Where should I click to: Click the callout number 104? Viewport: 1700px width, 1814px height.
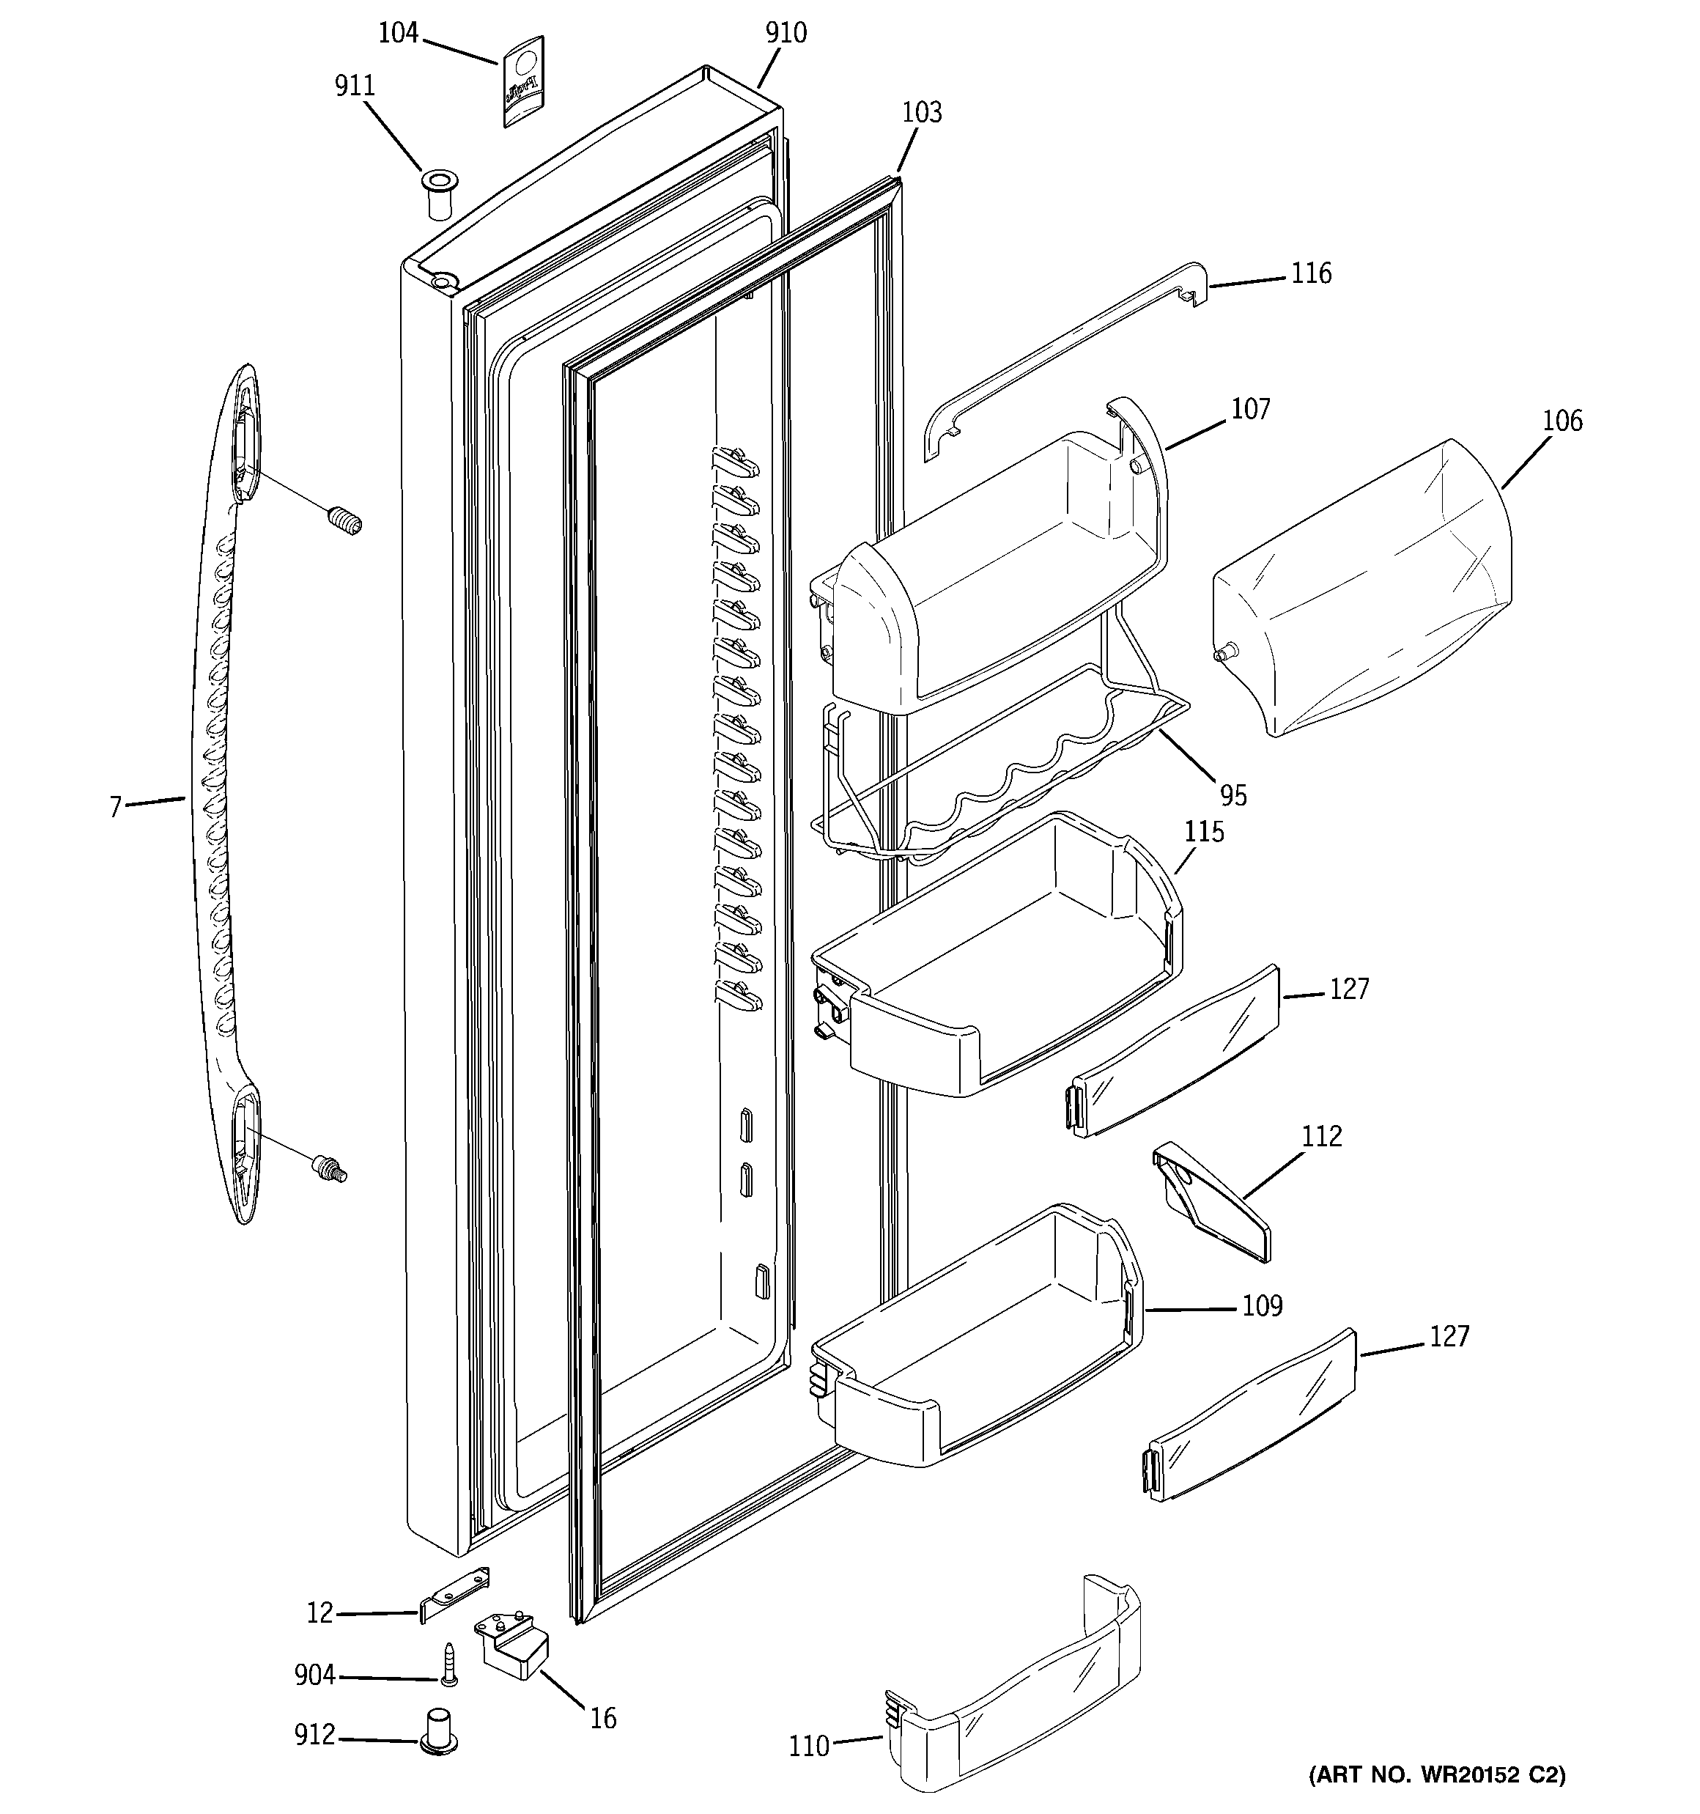pyautogui.click(x=398, y=34)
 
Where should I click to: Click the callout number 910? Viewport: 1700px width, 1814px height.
pyautogui.click(x=786, y=34)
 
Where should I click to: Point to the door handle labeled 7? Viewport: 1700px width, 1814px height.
pyautogui.click(x=223, y=794)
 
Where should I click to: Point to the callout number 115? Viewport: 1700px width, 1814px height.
pyautogui.click(x=1204, y=832)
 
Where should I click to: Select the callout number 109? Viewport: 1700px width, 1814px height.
pyautogui.click(x=1262, y=1307)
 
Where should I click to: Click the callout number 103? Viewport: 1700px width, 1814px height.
pyautogui.click(x=922, y=113)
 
